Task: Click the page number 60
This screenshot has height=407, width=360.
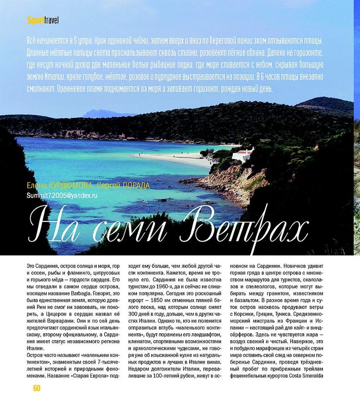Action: [37, 388]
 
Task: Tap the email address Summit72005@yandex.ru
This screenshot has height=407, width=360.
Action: [62, 195]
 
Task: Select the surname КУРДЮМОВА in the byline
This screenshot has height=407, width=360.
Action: [70, 186]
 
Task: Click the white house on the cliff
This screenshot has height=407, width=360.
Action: [242, 155]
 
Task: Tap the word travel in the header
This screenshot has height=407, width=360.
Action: [51, 20]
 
